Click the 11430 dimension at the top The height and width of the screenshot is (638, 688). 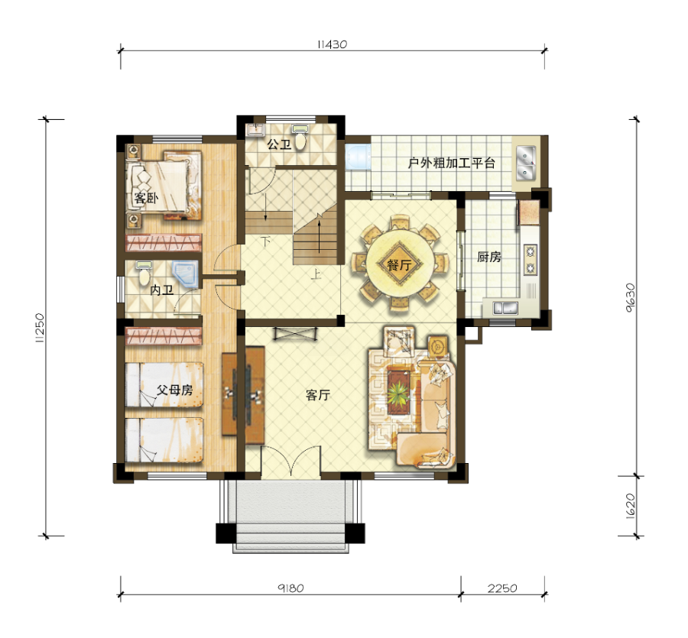[x=333, y=44]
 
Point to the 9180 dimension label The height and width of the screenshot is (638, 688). [x=290, y=588]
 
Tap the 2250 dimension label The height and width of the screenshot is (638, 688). [x=502, y=588]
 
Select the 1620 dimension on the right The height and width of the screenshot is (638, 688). [x=630, y=506]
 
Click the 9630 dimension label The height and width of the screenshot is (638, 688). [x=630, y=297]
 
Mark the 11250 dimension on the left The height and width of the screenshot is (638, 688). [x=40, y=327]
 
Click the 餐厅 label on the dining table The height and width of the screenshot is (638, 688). [x=399, y=265]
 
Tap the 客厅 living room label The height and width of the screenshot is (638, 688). [x=318, y=395]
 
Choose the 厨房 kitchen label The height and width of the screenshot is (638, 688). [x=488, y=257]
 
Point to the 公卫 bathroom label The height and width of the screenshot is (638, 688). [x=279, y=144]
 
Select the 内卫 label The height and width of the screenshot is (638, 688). [x=161, y=290]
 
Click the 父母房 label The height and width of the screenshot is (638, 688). [x=174, y=390]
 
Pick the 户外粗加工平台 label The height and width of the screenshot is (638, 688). [x=452, y=163]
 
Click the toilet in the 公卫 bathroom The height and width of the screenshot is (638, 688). [x=300, y=138]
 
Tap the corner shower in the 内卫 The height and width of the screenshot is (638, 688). [x=185, y=274]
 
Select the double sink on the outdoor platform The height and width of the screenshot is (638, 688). [x=526, y=163]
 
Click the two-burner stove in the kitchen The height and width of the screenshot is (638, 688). [x=531, y=259]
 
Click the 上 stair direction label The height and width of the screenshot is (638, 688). [x=316, y=274]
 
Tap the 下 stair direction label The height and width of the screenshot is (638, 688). [x=265, y=241]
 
